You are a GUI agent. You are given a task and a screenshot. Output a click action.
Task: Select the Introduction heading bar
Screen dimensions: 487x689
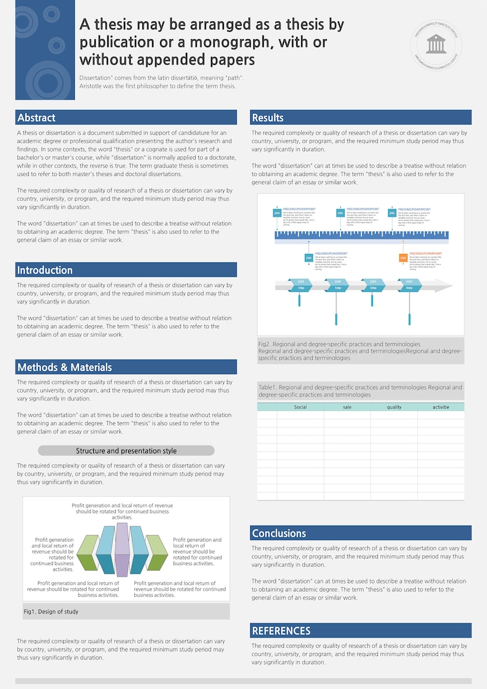[126, 270]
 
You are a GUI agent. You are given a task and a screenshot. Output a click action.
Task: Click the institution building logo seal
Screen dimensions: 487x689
[436, 43]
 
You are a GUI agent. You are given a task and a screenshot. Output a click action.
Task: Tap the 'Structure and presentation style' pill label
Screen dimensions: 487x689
[126, 451]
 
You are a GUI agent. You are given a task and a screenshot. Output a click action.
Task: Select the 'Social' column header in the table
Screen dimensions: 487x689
[300, 407]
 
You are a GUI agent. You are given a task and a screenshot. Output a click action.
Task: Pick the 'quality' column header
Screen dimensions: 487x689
[394, 407]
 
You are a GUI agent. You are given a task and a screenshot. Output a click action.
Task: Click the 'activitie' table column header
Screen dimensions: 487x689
[440, 407]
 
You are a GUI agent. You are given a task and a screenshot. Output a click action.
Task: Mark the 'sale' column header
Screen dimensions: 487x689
[347, 407]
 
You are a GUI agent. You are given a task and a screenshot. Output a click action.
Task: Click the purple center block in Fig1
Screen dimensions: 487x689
[122, 549]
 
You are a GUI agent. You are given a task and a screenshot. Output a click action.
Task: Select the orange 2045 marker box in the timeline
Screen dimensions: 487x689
[403, 258]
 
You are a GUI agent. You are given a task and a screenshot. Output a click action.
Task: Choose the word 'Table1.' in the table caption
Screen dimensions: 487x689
[268, 388]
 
